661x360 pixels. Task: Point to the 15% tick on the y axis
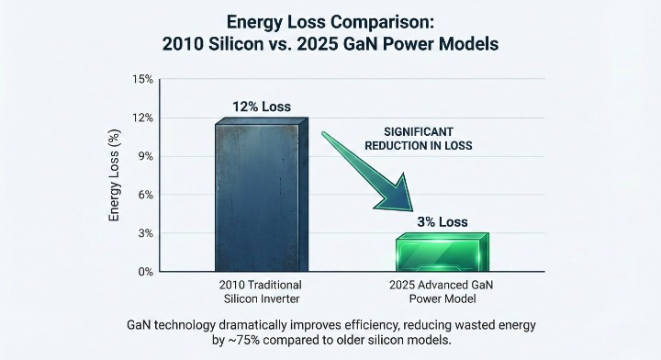(x=142, y=79)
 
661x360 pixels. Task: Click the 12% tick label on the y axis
(x=142, y=118)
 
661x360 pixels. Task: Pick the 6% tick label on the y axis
(x=145, y=195)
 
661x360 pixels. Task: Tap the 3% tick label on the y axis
(x=145, y=233)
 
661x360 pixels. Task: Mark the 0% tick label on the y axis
(x=145, y=272)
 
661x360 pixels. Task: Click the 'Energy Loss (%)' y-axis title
(x=116, y=175)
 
